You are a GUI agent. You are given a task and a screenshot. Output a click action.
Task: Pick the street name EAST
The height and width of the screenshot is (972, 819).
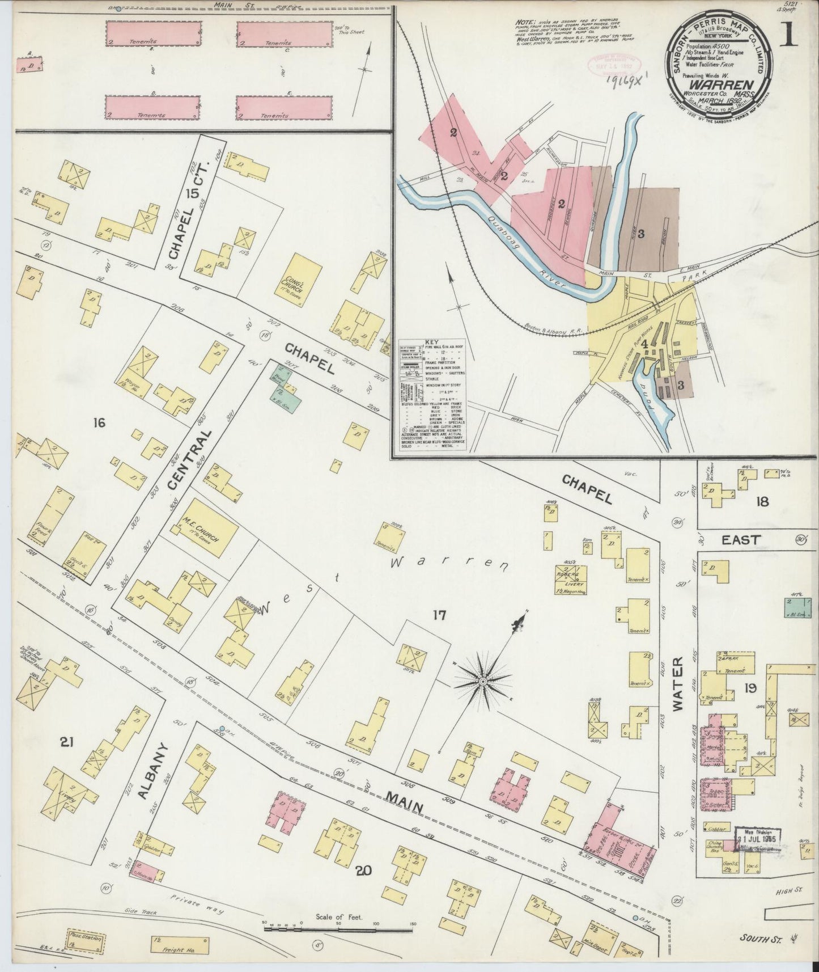click(741, 540)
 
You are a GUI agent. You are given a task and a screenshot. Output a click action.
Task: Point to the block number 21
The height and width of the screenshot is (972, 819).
click(67, 741)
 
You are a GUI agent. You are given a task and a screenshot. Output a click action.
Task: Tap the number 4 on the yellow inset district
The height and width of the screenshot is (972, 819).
click(643, 341)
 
